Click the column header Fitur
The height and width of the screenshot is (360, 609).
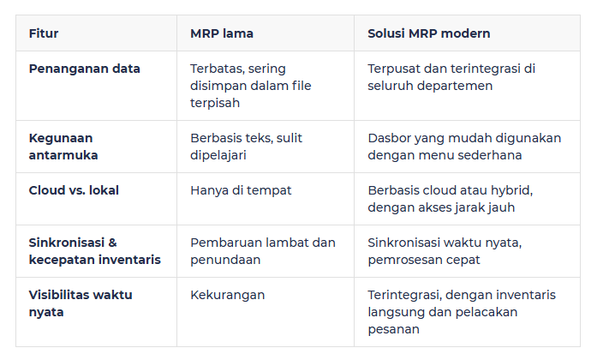point(44,33)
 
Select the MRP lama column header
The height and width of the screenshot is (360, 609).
point(221,33)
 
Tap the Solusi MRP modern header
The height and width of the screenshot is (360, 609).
point(428,33)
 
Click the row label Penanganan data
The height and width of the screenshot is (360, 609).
point(84,69)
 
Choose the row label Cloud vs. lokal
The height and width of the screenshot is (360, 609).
point(74,190)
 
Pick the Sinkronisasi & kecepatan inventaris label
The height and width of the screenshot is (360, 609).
point(94,251)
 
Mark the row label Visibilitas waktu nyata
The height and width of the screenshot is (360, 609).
point(81,303)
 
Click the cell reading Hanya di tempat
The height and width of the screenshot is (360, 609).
point(241,190)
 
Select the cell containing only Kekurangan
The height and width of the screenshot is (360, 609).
point(227,295)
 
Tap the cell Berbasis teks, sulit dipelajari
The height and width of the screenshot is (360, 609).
point(246,147)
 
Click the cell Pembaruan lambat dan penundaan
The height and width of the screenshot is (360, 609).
point(262,251)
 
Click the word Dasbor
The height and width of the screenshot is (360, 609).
point(389,138)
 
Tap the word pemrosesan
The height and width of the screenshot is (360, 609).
point(405,260)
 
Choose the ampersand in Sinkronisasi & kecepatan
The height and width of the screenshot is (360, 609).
point(112,243)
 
